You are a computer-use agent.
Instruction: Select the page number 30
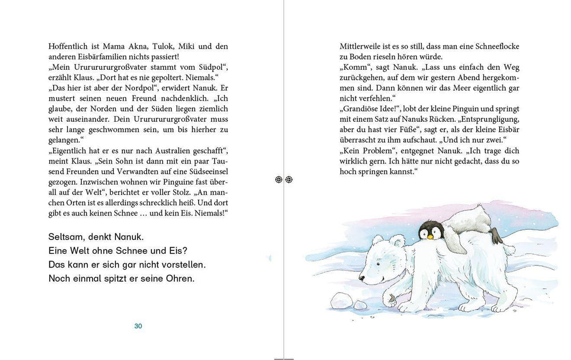click(x=138, y=326)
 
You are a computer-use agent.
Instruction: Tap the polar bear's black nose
click(x=361, y=278)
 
